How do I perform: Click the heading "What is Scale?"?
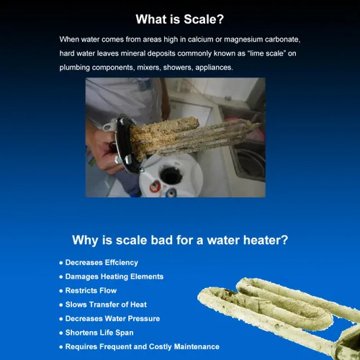pyautogui.click(x=180, y=19)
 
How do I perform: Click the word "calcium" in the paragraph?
pyautogui.click(x=201, y=40)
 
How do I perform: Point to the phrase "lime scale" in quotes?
pyautogui.click(x=266, y=53)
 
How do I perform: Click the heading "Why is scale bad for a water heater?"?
pyautogui.click(x=180, y=240)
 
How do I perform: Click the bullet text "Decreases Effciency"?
pyautogui.click(x=102, y=263)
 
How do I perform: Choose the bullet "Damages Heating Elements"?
pyautogui.click(x=114, y=276)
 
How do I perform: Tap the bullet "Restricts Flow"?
pyautogui.click(x=91, y=291)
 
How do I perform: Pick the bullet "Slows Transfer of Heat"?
pyautogui.click(x=106, y=305)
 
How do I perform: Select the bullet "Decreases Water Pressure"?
pyautogui.click(x=113, y=319)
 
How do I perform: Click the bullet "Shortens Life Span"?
pyautogui.click(x=99, y=333)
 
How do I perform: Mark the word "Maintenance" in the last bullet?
pyautogui.click(x=197, y=347)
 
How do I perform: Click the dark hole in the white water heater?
pyautogui.click(x=171, y=176)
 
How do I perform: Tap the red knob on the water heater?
pyautogui.click(x=155, y=186)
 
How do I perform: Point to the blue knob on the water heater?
pyautogui.click(x=171, y=192)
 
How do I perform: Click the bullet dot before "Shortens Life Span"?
pyautogui.click(x=61, y=333)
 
